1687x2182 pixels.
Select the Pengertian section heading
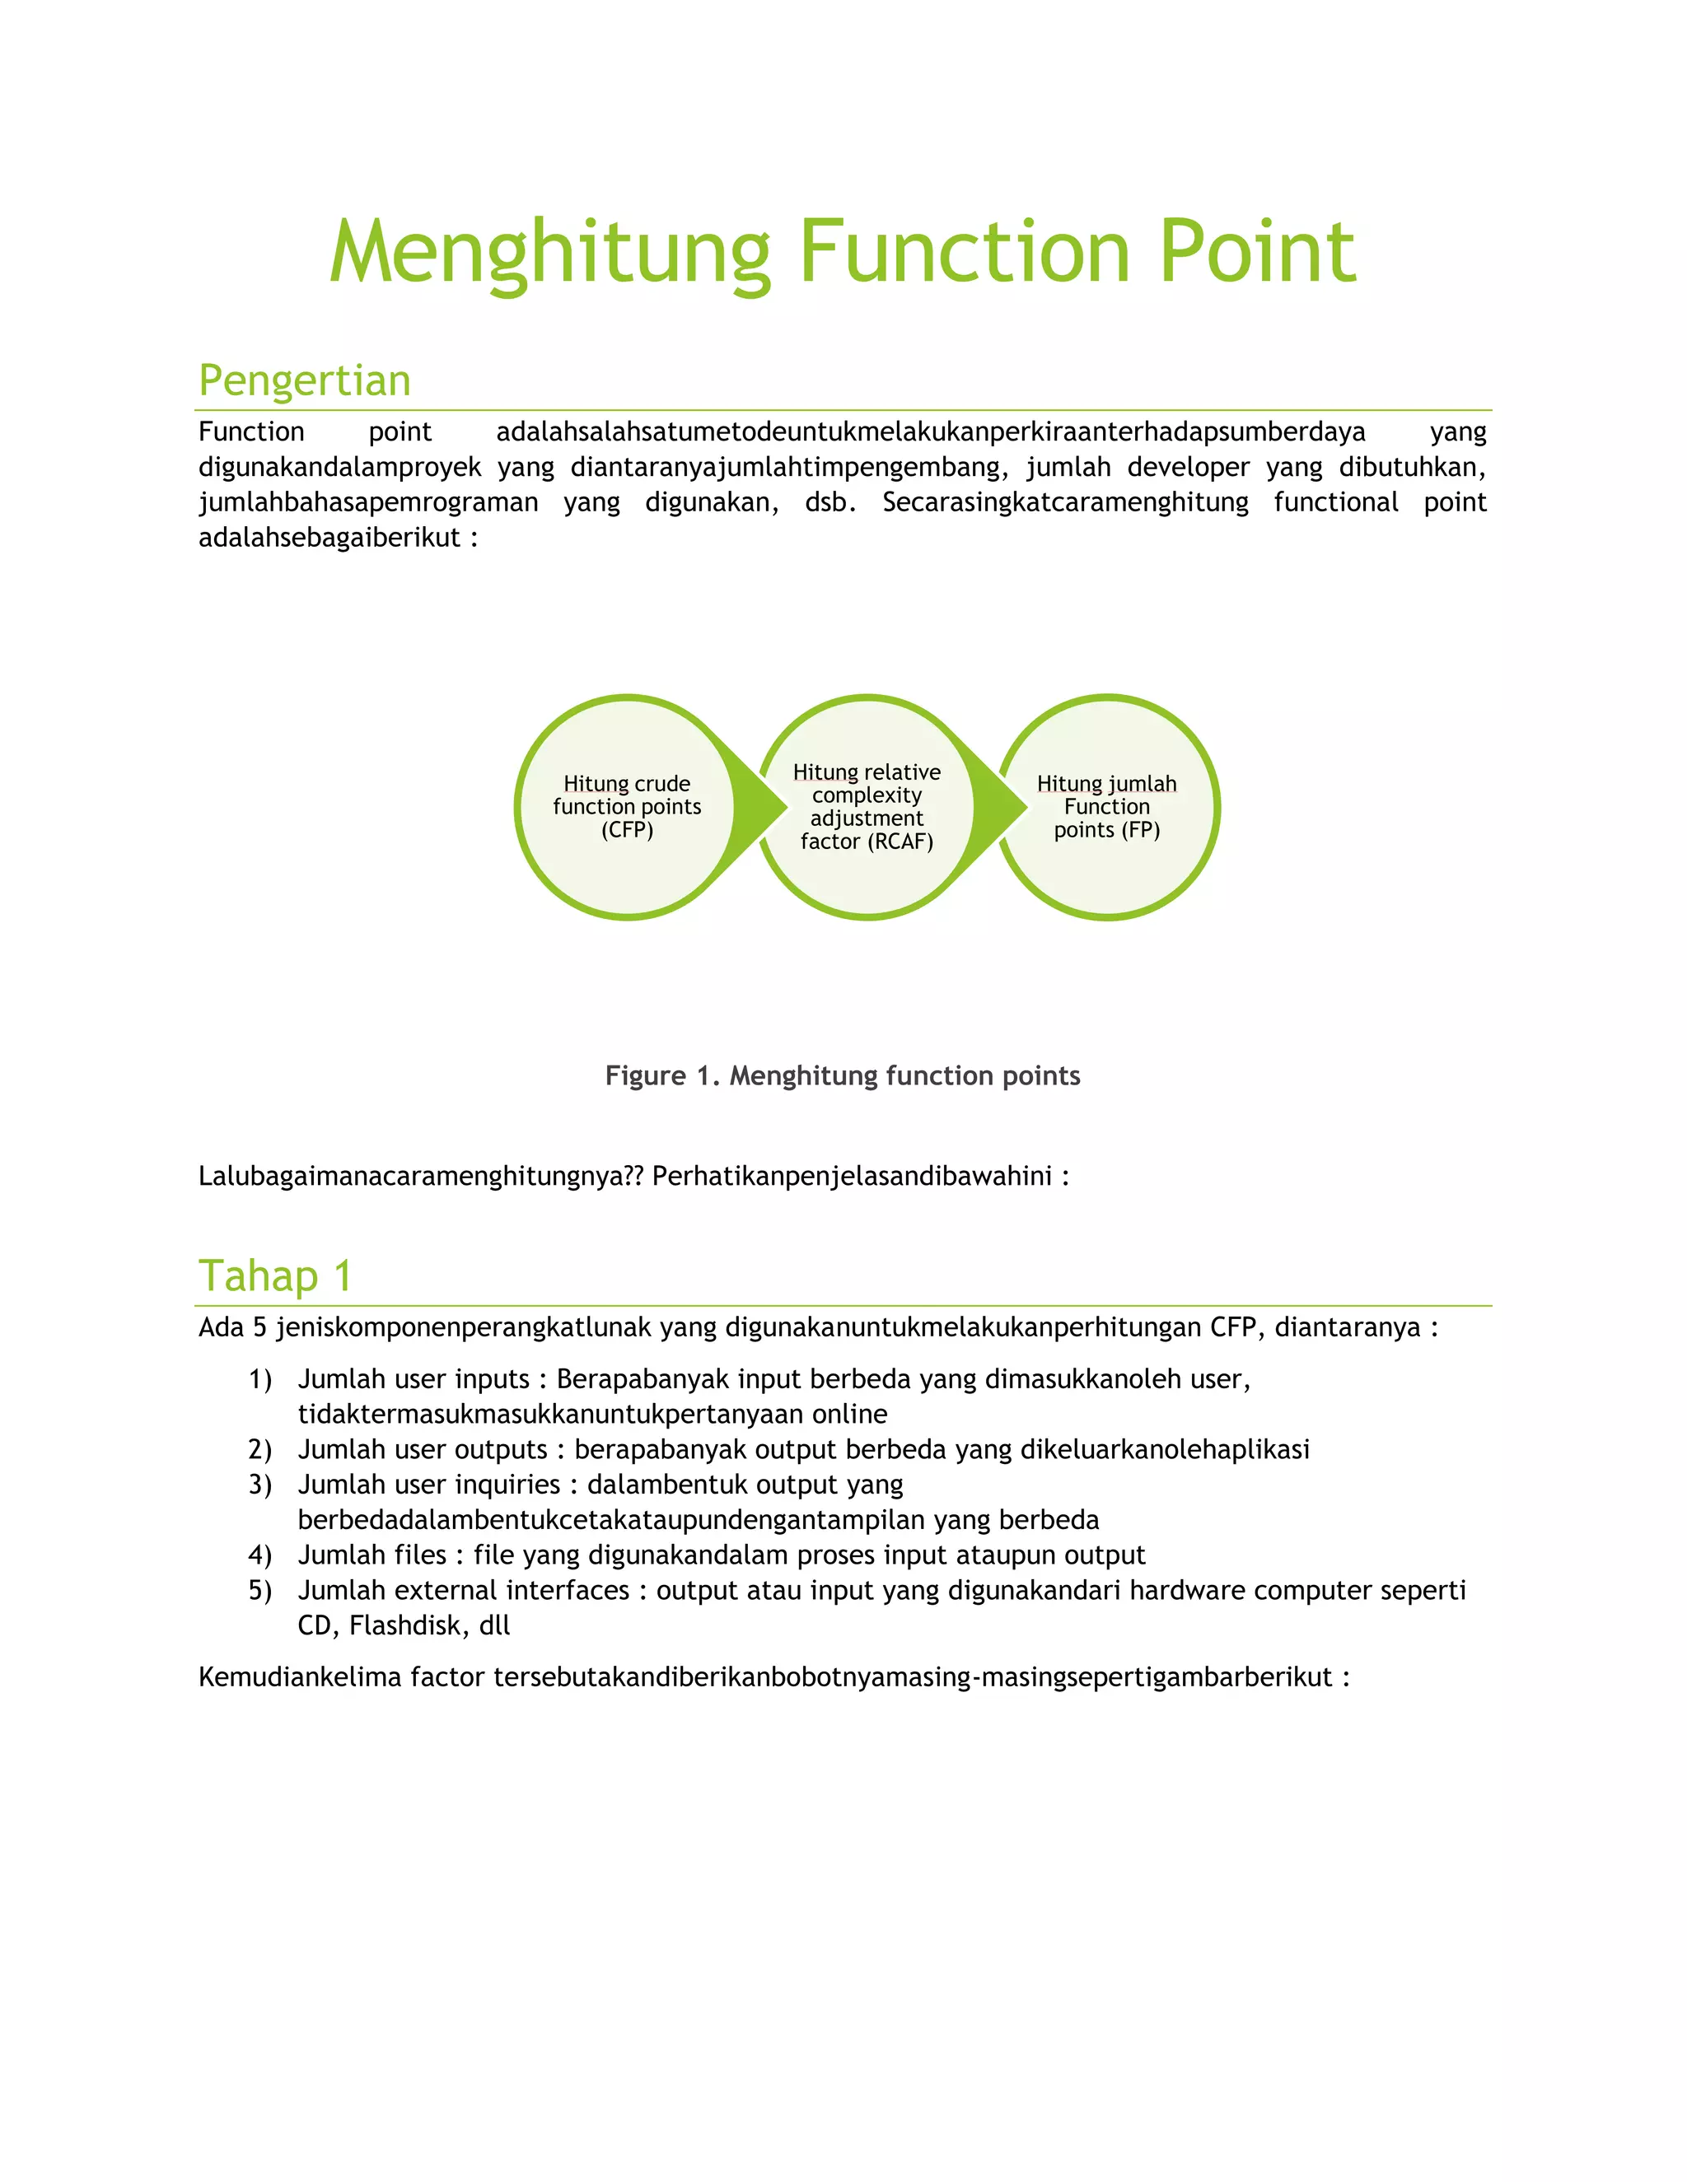[x=305, y=380]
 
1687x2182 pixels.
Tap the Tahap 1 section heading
[x=275, y=1275]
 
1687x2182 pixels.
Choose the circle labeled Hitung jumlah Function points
[x=1107, y=870]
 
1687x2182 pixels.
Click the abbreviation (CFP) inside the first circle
[x=627, y=830]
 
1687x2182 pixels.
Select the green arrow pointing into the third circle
[x=1003, y=807]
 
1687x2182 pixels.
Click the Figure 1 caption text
[x=843, y=1075]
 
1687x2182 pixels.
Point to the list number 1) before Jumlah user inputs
[x=259, y=1380]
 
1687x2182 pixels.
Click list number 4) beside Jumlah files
[x=259, y=1555]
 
